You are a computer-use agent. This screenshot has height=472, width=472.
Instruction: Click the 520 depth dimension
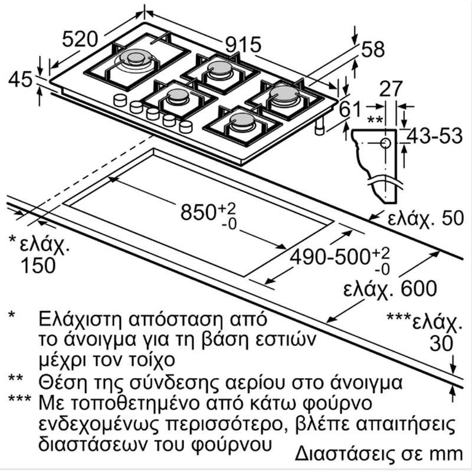80,39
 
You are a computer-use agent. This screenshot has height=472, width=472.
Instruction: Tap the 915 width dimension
243,45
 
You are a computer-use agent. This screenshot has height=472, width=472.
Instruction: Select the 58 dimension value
373,49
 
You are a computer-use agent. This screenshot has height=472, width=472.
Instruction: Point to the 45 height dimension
20,80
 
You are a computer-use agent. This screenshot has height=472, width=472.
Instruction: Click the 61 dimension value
350,109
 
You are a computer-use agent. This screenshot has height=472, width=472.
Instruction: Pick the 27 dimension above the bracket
391,89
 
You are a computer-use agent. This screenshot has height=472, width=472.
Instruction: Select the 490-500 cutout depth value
330,257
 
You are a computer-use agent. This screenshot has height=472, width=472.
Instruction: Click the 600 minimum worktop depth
419,289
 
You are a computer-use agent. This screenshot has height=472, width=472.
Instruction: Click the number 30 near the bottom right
441,343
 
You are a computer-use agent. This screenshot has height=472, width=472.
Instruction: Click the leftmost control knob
120,100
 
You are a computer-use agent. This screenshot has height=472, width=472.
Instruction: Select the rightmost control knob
185,127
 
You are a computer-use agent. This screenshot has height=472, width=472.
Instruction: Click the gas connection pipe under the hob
319,126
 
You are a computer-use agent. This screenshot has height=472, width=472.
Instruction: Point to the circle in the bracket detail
385,143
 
